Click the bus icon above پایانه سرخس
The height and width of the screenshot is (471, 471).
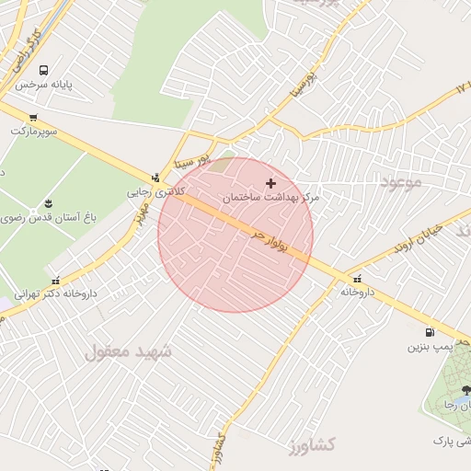(x=43, y=70)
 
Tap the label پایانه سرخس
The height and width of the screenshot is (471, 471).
(x=68, y=85)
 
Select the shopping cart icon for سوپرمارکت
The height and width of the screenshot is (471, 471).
(x=33, y=117)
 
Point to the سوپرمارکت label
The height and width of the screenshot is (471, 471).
(x=34, y=132)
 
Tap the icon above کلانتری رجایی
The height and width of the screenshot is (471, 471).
(x=155, y=178)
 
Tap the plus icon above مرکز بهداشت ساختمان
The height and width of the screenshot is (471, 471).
(x=270, y=183)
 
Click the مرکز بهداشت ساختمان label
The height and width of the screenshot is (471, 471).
(x=270, y=198)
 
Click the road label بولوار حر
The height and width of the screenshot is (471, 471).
(x=270, y=242)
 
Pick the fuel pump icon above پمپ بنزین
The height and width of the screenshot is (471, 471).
(x=430, y=332)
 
